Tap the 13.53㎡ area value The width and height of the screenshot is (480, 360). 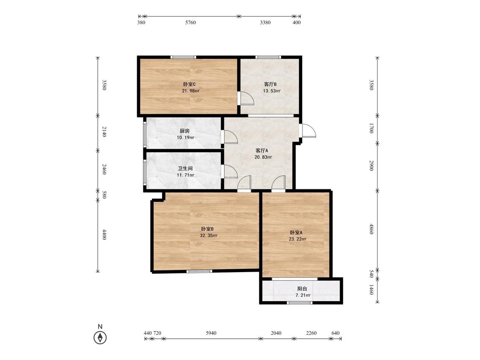point(272,91)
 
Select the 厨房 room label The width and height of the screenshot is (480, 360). point(185,131)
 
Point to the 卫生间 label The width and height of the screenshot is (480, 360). point(185,168)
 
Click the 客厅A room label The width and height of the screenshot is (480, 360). point(262,151)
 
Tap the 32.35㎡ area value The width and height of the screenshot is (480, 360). point(209,236)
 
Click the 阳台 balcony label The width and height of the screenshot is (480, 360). point(302,289)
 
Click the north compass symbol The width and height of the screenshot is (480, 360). point(100,338)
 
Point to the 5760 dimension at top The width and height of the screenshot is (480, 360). point(190,22)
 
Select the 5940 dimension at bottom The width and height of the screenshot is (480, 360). point(211,333)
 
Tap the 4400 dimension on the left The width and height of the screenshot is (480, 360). point(104,235)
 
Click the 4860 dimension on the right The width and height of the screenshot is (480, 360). point(371,229)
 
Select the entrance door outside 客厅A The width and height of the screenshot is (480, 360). point(309,131)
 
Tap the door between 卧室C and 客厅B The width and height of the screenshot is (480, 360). point(247,98)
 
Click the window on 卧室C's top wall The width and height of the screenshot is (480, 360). point(183,57)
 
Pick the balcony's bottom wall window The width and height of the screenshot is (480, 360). point(300,303)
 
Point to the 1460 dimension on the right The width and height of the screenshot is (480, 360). point(371,290)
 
